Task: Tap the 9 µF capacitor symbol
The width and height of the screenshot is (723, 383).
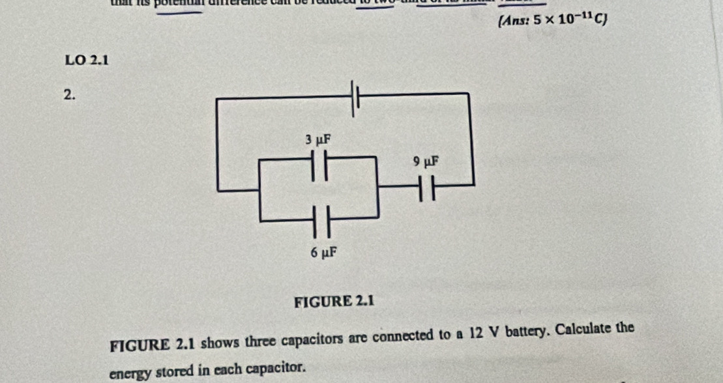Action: coord(428,189)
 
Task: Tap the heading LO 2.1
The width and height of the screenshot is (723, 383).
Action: coord(87,61)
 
